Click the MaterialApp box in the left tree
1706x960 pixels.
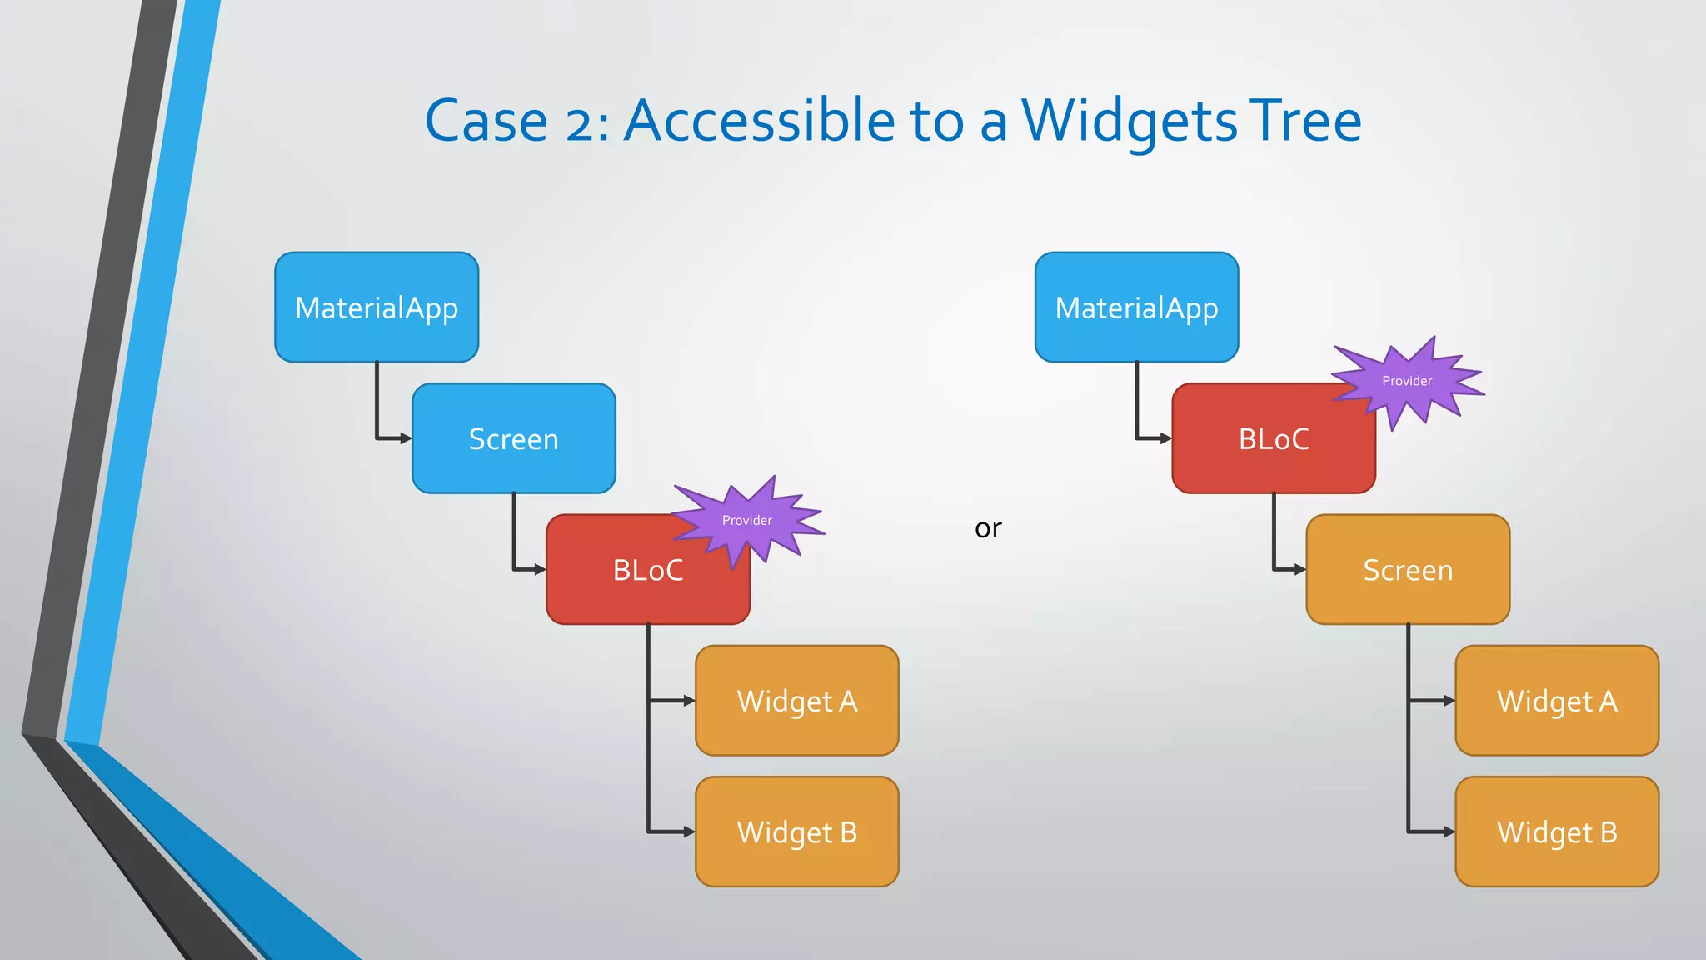click(377, 307)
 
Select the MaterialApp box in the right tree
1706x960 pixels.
click(1136, 307)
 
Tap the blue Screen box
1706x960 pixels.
click(513, 438)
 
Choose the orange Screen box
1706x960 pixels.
click(1408, 570)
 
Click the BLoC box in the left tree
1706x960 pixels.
click(633, 575)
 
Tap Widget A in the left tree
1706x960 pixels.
click(797, 701)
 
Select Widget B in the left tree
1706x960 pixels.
click(797, 832)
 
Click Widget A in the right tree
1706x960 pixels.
click(1557, 701)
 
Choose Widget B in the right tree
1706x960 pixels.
click(1557, 832)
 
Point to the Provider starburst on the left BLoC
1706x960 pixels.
click(747, 521)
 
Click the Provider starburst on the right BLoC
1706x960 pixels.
click(1407, 381)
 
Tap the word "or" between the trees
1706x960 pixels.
click(988, 528)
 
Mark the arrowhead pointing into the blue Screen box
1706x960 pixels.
click(407, 438)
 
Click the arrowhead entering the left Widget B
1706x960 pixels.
click(689, 832)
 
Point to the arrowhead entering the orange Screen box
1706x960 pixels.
click(1300, 570)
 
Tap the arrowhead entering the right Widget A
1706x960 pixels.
click(1449, 701)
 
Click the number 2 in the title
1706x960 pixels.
click(580, 123)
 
